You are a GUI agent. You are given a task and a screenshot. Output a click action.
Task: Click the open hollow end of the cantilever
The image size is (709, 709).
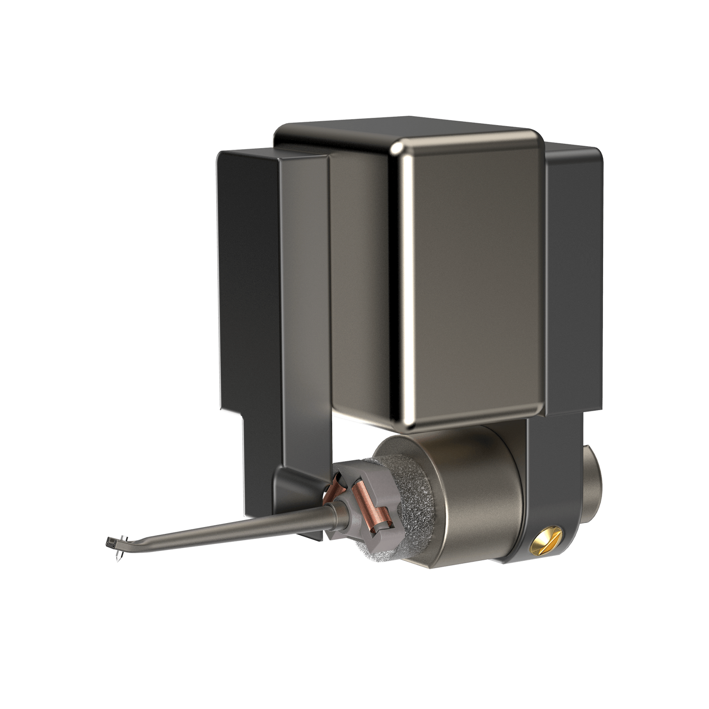click(x=109, y=542)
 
